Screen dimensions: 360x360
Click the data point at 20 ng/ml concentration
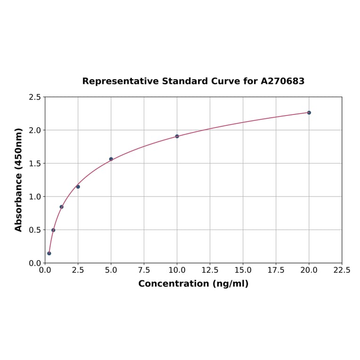coord(309,113)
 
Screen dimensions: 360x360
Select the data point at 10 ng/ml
coord(177,136)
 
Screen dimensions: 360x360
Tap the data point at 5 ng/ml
coord(111,159)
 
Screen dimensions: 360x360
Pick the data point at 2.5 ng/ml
coord(78,187)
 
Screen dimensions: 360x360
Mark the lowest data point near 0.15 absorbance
coord(49,253)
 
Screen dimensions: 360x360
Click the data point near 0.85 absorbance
coord(62,207)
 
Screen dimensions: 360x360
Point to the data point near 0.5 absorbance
coord(53,230)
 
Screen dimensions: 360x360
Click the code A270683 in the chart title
coord(283,81)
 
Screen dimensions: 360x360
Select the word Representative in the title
coord(121,81)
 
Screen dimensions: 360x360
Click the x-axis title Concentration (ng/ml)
coord(193,284)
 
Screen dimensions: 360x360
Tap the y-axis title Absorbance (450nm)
coord(19,180)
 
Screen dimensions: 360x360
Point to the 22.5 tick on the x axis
coord(342,270)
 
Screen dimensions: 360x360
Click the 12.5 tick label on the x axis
coord(210,270)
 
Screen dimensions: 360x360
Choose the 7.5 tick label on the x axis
coord(144,270)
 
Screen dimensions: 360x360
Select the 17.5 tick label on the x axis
coord(276,270)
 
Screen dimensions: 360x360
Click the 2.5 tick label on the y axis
coord(35,97)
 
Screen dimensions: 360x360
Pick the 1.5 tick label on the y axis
coord(35,164)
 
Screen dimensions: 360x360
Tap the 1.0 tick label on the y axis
coord(35,196)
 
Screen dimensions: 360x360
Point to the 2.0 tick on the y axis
coord(35,130)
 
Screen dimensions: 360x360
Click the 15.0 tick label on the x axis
coord(243,270)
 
